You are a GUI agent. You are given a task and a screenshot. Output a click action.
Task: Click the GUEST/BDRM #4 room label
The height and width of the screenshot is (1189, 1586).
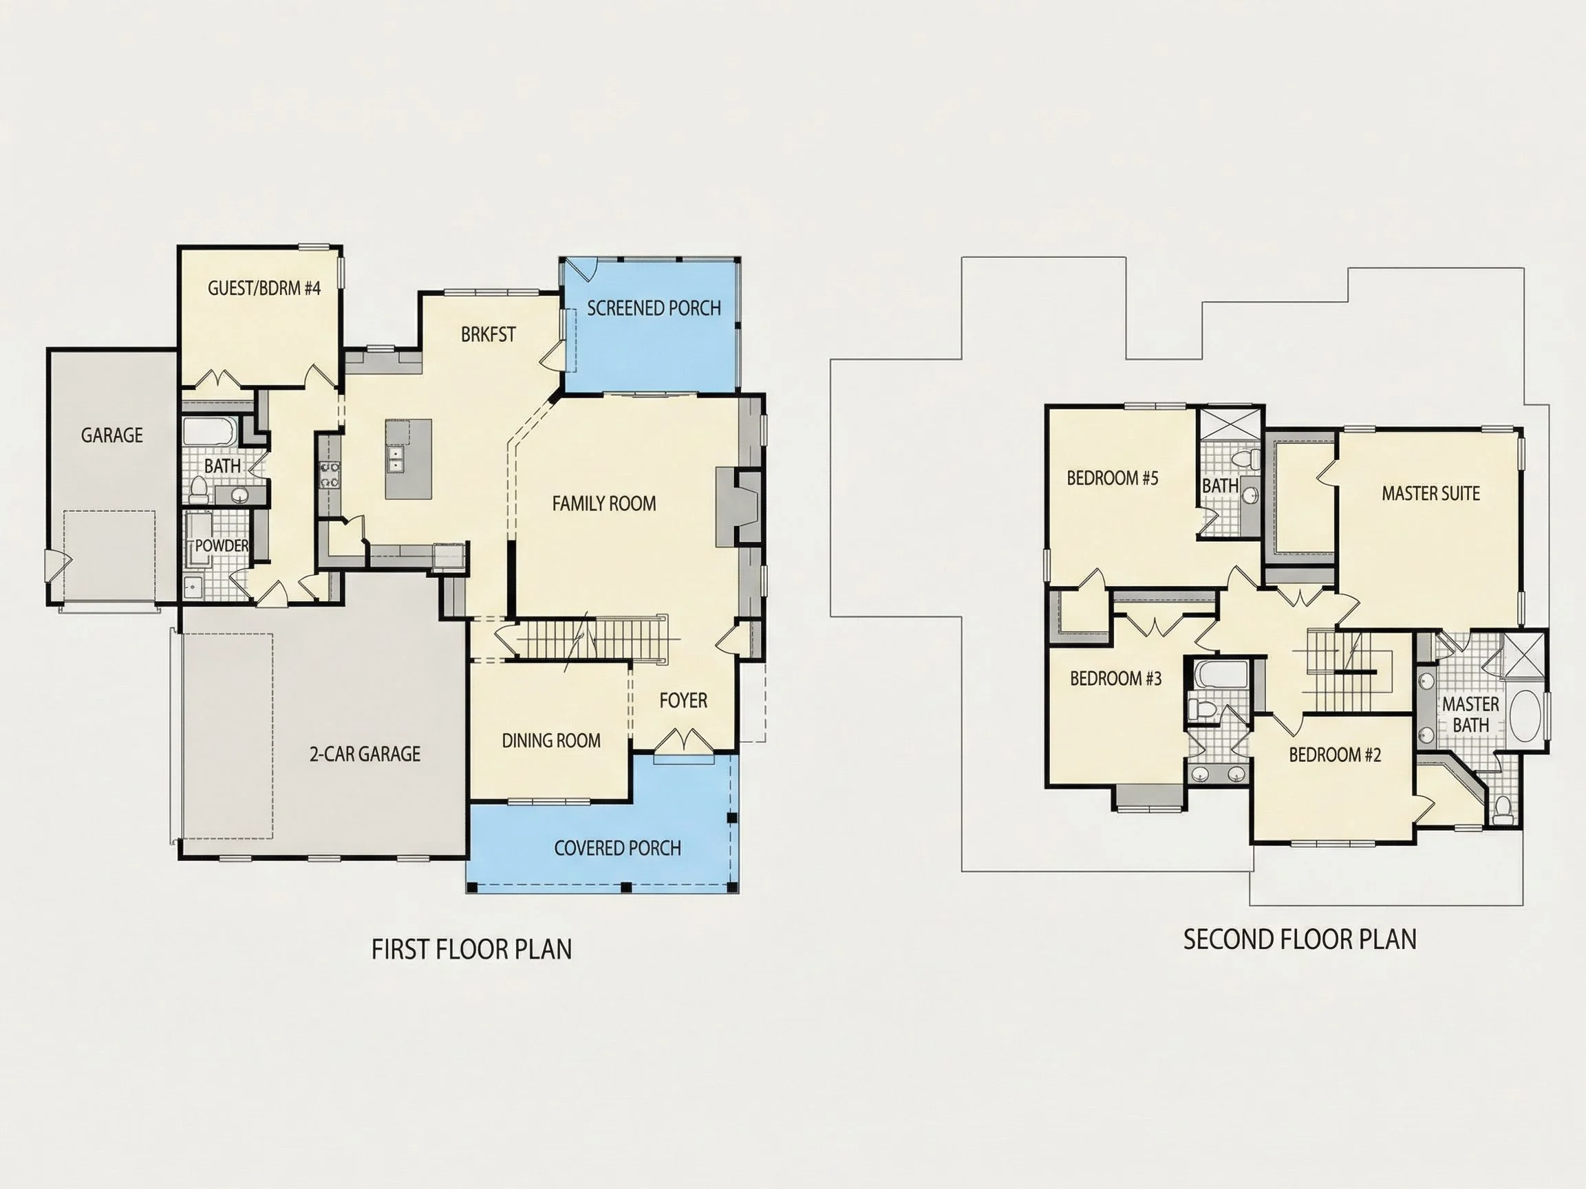pyautogui.click(x=264, y=288)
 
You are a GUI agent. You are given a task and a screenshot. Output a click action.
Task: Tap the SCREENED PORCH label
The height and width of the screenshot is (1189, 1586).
pyautogui.click(x=654, y=308)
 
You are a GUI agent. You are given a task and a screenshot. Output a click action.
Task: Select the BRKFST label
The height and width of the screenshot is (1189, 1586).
pyautogui.click(x=489, y=335)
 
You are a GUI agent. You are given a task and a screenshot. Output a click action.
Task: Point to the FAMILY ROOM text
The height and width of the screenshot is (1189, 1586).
pyautogui.click(x=603, y=504)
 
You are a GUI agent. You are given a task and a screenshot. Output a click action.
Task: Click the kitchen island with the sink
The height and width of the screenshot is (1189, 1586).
pyautogui.click(x=409, y=459)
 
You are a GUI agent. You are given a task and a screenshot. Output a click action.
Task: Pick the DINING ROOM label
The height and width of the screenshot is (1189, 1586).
pyautogui.click(x=551, y=741)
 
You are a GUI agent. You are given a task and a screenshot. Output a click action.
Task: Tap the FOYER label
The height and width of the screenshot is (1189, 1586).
pyautogui.click(x=683, y=700)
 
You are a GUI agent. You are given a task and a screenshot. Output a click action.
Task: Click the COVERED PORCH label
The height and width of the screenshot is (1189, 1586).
pyautogui.click(x=617, y=848)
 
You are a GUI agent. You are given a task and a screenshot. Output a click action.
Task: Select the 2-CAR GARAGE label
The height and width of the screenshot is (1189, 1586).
pyautogui.click(x=365, y=753)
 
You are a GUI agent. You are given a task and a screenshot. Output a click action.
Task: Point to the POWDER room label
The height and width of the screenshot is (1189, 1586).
pyautogui.click(x=222, y=545)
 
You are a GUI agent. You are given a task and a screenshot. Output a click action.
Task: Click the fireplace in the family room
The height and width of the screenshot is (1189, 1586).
pyautogui.click(x=738, y=507)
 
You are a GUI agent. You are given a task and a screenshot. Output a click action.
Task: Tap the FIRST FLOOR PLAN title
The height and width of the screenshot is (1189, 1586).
pyautogui.click(x=472, y=949)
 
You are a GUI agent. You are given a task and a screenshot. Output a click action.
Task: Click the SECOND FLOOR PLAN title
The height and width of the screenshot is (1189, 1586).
pyautogui.click(x=1300, y=939)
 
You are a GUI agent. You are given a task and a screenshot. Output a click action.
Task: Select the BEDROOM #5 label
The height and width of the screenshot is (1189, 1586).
pyautogui.click(x=1112, y=478)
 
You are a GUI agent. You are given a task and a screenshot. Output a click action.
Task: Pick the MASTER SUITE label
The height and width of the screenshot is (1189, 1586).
pyautogui.click(x=1430, y=493)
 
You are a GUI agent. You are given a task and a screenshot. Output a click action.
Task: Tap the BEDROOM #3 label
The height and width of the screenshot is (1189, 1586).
pyautogui.click(x=1115, y=678)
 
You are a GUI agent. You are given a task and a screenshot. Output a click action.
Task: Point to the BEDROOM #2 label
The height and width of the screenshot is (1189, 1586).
pyautogui.click(x=1334, y=754)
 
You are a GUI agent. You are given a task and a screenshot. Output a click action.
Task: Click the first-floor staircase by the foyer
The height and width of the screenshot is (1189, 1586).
pyautogui.click(x=592, y=640)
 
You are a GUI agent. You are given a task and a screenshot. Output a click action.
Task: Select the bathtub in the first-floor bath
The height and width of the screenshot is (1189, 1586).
pyautogui.click(x=208, y=432)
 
